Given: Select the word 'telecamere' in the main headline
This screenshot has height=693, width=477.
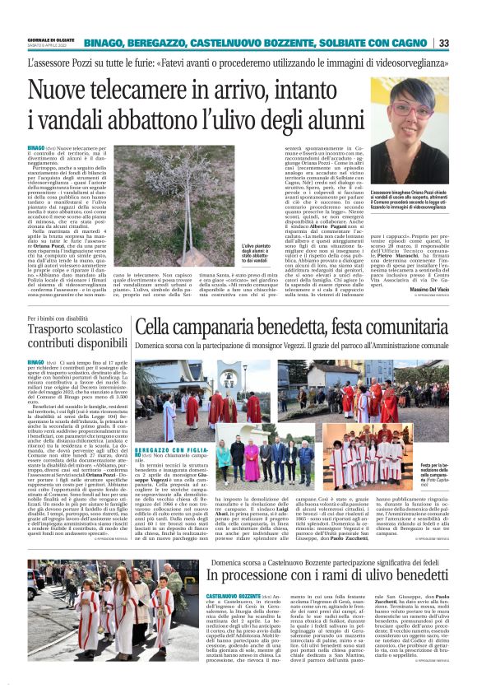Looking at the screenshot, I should (x=151, y=89).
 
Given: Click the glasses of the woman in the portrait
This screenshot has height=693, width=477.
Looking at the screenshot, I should (x=408, y=109).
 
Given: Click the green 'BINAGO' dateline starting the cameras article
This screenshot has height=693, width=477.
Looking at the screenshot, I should (x=35, y=147).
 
